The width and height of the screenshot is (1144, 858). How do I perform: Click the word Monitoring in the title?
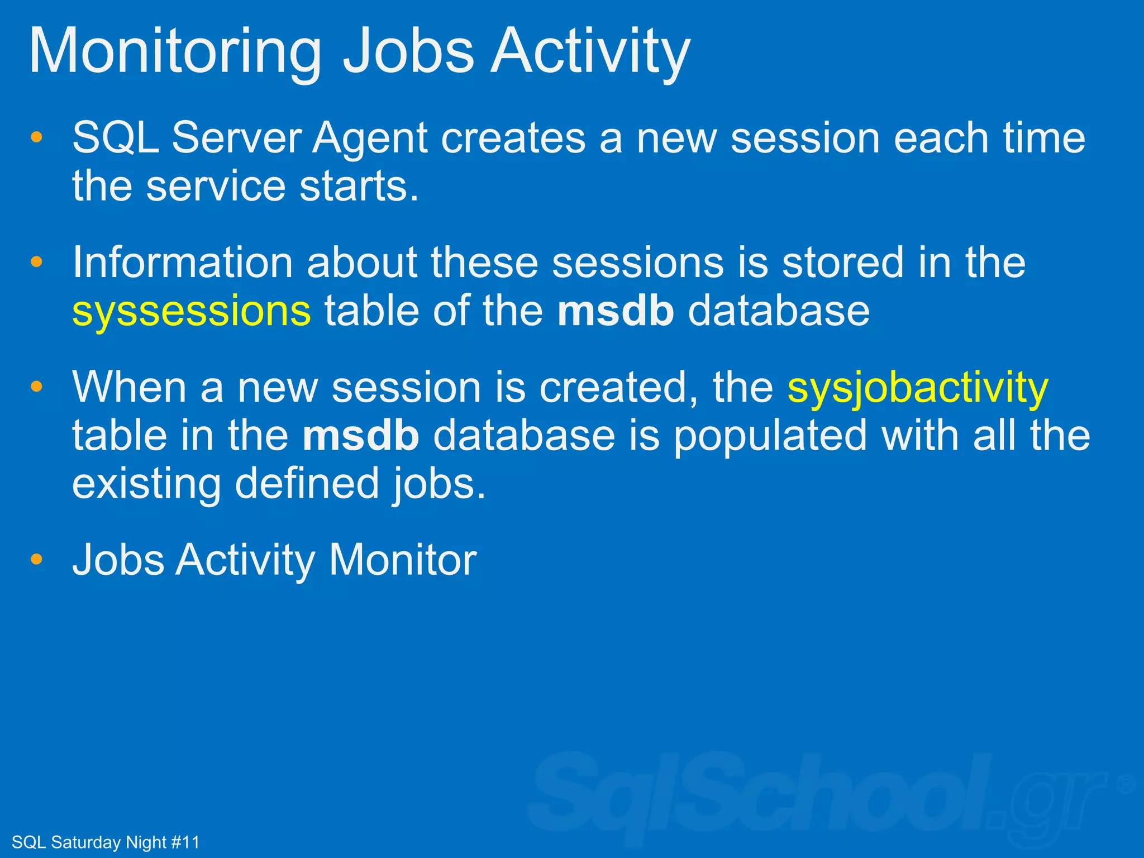pyautogui.click(x=174, y=51)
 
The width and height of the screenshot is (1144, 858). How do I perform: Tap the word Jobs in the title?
pyautogui.click(x=408, y=51)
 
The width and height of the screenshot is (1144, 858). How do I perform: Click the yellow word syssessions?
pyautogui.click(x=191, y=311)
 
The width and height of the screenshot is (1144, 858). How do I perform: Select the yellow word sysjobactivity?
pyautogui.click(x=918, y=388)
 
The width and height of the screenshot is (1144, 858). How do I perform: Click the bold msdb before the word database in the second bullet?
pyautogui.click(x=615, y=311)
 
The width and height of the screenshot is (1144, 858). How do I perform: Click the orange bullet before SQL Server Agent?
pyautogui.click(x=37, y=137)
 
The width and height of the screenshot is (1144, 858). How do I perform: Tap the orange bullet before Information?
pyautogui.click(x=37, y=262)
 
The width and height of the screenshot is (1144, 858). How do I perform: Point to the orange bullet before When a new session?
pyautogui.click(x=37, y=387)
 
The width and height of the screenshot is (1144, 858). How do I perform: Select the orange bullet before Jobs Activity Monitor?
pyautogui.click(x=37, y=559)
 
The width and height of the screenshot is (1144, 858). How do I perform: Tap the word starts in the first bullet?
pyautogui.click(x=358, y=186)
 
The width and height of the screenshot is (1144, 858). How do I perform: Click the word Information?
pyautogui.click(x=183, y=263)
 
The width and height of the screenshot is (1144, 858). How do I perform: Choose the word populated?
pyautogui.click(x=770, y=437)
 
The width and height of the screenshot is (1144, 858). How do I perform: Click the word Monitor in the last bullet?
pyautogui.click(x=402, y=560)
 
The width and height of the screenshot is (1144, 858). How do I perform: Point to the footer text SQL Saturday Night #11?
pyautogui.click(x=105, y=842)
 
